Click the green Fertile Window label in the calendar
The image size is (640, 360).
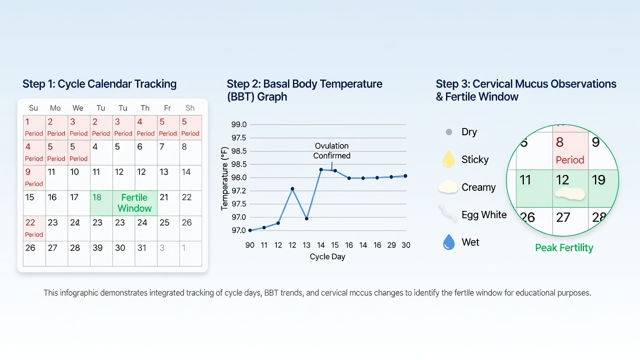tap(134, 203)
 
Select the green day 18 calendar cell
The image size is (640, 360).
tap(101, 203)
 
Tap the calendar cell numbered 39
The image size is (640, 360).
tap(101, 253)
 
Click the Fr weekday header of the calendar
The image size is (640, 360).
tap(167, 108)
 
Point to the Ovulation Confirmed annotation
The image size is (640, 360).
tap(331, 150)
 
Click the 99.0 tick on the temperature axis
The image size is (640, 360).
tap(239, 124)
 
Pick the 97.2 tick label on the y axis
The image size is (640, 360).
tap(239, 190)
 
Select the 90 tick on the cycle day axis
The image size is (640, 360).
tap(249, 245)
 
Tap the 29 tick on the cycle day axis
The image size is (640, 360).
tap(391, 245)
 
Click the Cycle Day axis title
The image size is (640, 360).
tap(327, 256)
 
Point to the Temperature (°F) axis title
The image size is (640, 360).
tap(224, 178)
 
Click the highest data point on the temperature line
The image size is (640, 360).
tap(321, 169)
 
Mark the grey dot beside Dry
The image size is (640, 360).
tap(449, 132)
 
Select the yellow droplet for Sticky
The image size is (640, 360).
tap(448, 159)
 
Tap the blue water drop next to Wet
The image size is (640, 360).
tap(448, 242)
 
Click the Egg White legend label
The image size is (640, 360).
tap(484, 214)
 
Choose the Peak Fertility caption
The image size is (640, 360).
tap(564, 247)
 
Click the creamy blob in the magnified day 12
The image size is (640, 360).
tap(570, 193)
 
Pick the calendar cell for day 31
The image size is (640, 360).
tap(146, 253)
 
